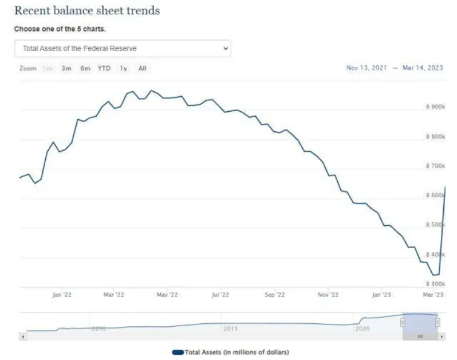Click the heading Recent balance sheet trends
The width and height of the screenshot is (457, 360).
coord(86,11)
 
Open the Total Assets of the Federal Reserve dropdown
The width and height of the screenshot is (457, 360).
coord(122,49)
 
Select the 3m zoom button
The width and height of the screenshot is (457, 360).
coord(66,69)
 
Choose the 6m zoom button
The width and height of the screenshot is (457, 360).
coord(85,69)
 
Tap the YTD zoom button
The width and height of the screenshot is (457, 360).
coord(104,69)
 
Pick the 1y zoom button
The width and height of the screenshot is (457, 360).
coord(123,69)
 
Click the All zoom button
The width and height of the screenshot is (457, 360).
coord(142,69)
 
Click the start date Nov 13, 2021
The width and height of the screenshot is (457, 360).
coord(366,68)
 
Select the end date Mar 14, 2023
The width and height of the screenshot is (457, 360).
coord(423,68)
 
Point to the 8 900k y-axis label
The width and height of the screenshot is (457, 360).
coord(435,107)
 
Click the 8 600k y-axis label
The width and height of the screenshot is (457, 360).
coord(435,195)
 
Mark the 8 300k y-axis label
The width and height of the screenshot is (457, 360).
coord(435,284)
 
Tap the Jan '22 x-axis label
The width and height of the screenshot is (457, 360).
coord(61,295)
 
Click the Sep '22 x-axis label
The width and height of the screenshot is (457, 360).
coord(274,295)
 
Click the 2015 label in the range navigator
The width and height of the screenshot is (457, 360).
coord(230,328)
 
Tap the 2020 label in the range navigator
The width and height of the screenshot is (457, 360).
coord(363,328)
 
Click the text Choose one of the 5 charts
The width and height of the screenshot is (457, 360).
coord(60,29)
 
